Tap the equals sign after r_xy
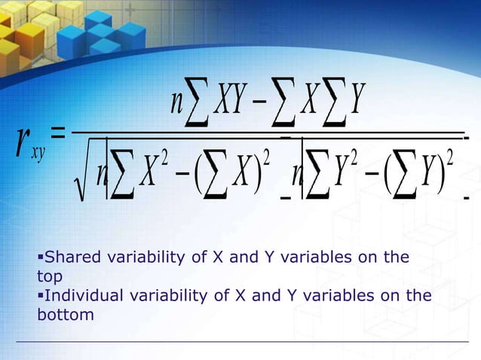[57, 133]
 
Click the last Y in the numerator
[359, 98]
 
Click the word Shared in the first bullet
[66, 257]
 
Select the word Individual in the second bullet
[78, 296]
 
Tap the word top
[50, 276]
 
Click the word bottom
[65, 315]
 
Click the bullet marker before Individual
[40, 296]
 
